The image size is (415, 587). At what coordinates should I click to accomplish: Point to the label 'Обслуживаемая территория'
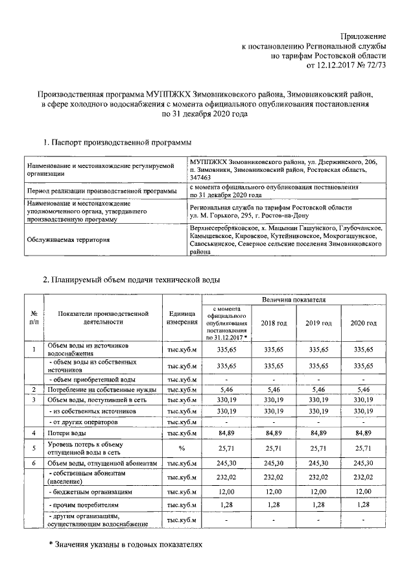coord(68,240)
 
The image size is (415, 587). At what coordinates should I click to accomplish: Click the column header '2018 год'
coord(273,323)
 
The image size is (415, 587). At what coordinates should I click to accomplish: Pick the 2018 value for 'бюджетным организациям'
coord(273,492)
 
